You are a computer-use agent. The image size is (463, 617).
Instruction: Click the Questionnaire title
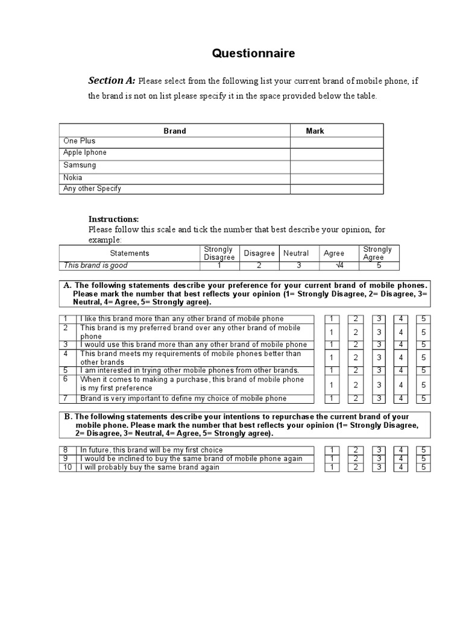point(253,54)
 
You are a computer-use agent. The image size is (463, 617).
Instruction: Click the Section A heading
point(112,81)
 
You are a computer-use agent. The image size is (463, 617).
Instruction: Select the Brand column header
point(175,131)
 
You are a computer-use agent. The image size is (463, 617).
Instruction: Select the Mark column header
point(315,131)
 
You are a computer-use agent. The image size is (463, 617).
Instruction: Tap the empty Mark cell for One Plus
point(336,142)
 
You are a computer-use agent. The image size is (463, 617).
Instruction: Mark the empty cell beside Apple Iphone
point(336,154)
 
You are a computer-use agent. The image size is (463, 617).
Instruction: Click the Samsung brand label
point(80,165)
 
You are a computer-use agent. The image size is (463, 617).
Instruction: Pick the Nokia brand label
point(73,178)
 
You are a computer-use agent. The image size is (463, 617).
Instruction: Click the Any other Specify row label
point(92,189)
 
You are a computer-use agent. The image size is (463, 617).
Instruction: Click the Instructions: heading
point(114,219)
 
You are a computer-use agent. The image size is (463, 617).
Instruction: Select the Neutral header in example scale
point(296,254)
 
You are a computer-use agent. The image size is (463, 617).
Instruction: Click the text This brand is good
point(96,266)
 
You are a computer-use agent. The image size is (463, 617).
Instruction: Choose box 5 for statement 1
point(423,319)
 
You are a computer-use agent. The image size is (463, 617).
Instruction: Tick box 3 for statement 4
point(379,358)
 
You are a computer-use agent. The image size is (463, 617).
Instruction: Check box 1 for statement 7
point(331,398)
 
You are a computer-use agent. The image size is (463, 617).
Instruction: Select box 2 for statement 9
point(356,459)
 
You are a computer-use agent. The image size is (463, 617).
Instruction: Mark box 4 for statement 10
point(401,468)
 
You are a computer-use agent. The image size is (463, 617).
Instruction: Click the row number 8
point(66,450)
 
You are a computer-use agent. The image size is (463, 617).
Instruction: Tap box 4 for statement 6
point(401,384)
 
